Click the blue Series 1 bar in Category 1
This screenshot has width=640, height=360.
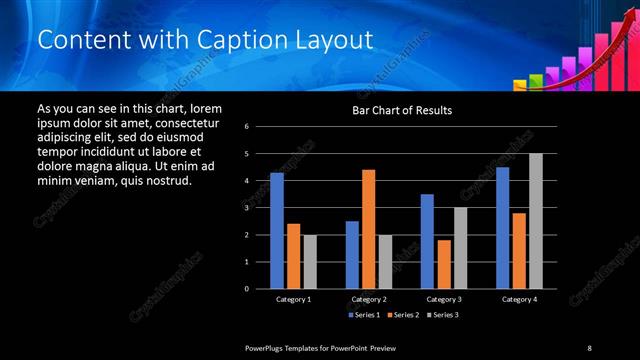[276, 230]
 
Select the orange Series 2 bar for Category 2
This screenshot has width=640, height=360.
[368, 229]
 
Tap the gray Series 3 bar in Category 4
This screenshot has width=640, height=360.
[535, 220]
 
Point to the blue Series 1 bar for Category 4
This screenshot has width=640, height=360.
[502, 227]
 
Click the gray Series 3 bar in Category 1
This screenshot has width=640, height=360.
[309, 261]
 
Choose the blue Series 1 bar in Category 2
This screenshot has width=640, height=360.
[352, 254]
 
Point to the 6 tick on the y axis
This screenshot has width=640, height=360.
[260, 127]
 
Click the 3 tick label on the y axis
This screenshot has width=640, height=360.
[260, 208]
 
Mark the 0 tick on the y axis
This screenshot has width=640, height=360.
[260, 289]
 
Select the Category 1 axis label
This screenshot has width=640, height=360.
[293, 299]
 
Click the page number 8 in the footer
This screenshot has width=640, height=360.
[589, 347]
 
